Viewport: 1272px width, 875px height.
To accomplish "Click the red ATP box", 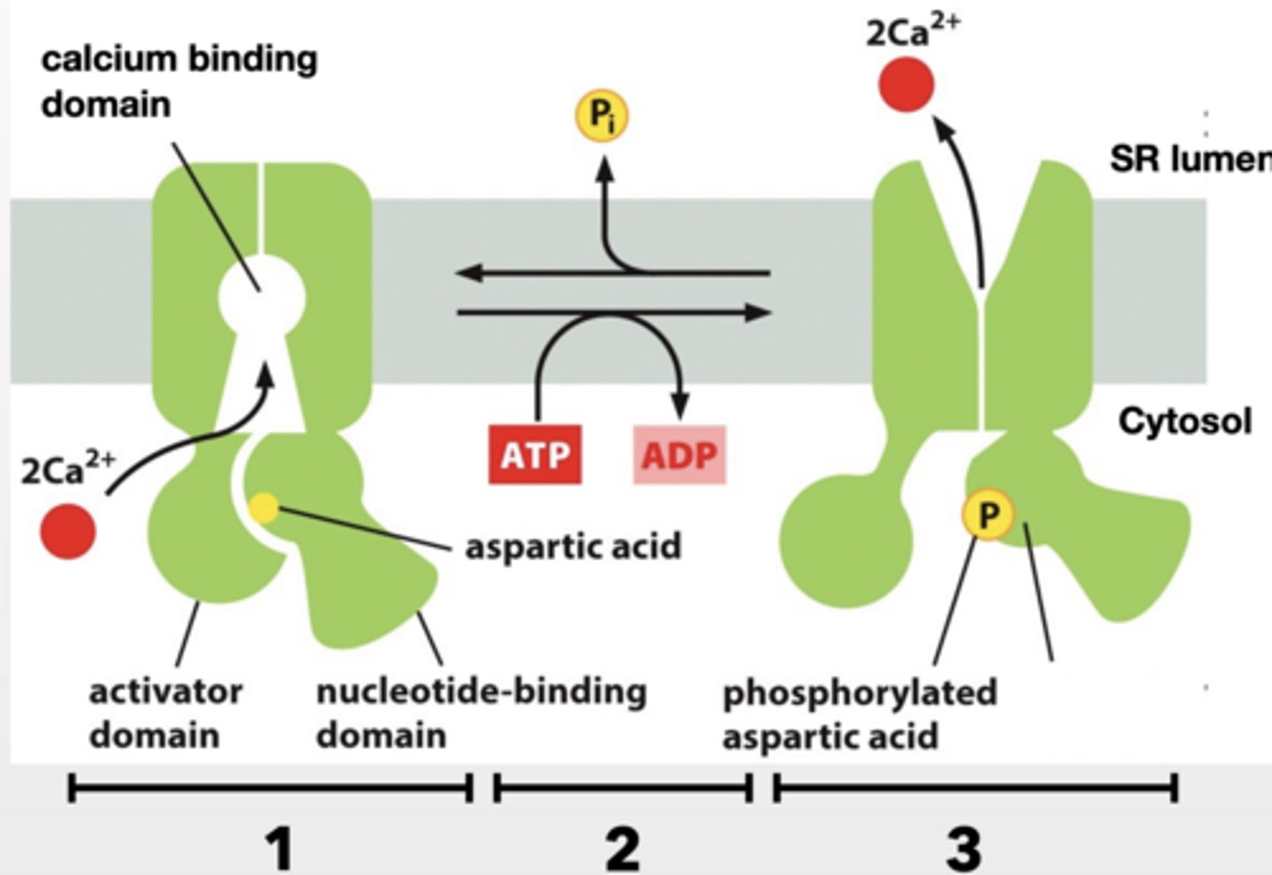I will [x=534, y=455].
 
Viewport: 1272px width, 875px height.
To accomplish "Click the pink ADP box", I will [x=679, y=455].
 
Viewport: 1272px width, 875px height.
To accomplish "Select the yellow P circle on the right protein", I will [x=988, y=514].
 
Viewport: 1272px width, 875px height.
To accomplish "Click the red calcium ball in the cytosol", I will [x=67, y=532].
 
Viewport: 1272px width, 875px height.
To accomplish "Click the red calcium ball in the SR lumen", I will [x=905, y=86].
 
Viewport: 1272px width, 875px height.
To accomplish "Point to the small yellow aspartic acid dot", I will [x=263, y=507].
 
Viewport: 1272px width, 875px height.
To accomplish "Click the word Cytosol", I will [x=1185, y=421].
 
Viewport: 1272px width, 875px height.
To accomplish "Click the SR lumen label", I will [x=1189, y=159].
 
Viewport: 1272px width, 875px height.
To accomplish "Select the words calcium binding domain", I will [x=177, y=81].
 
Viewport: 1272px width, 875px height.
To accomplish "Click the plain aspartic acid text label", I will [x=573, y=546].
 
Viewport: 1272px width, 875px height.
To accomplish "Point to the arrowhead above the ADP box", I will [x=679, y=409].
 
